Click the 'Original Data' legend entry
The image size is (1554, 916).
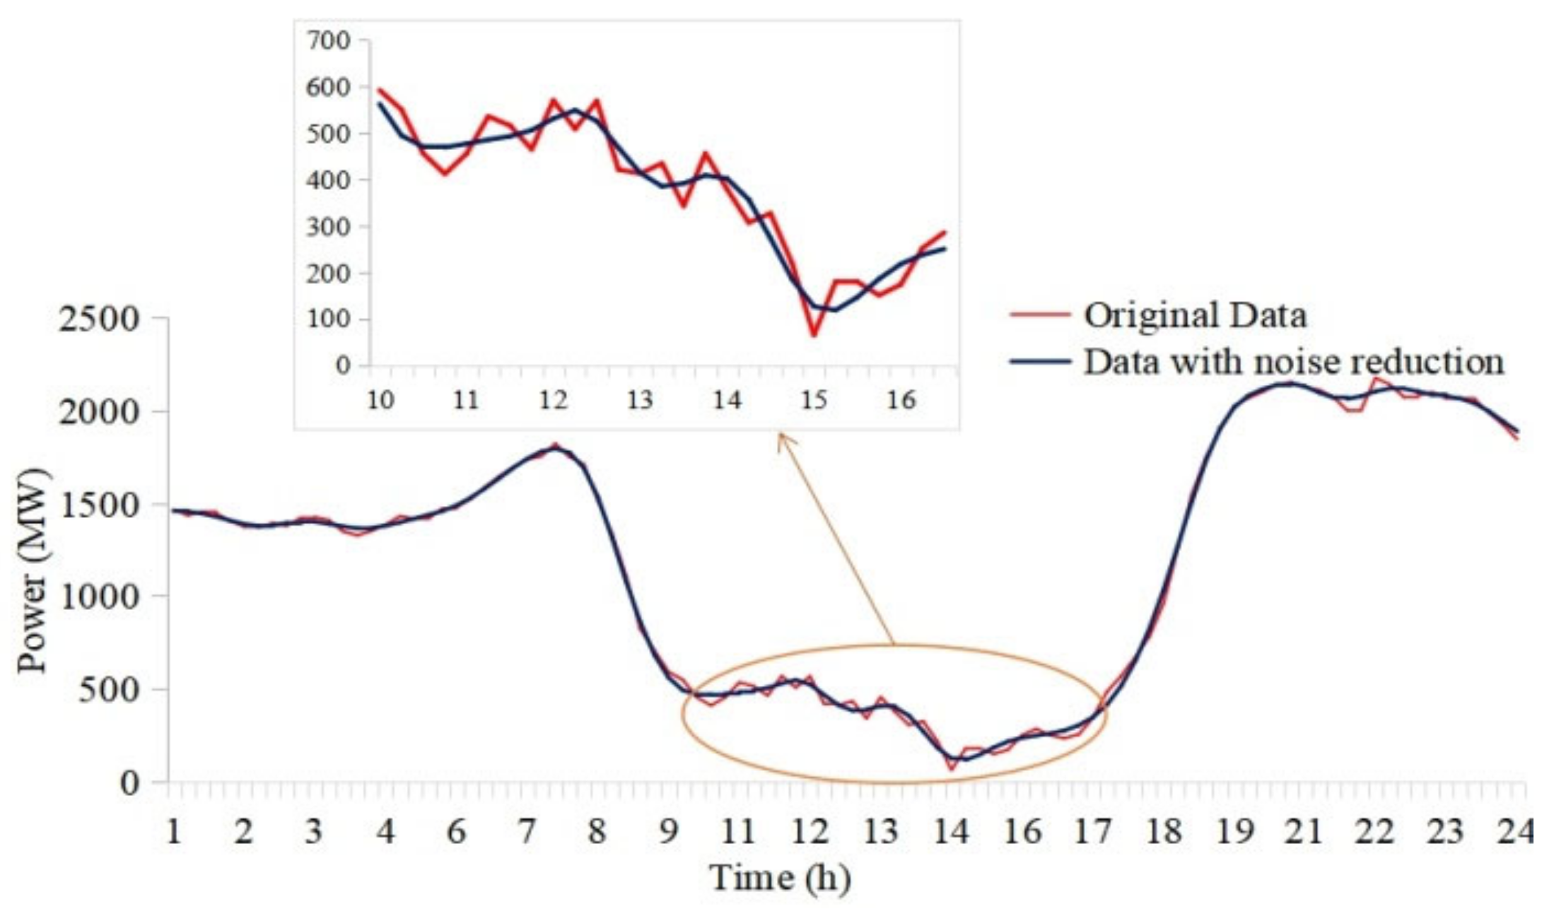[x=1195, y=315]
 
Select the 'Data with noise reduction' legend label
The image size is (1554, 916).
[x=1293, y=361]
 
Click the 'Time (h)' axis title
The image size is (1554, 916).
[x=780, y=878]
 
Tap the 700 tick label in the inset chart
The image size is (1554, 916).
[x=327, y=41]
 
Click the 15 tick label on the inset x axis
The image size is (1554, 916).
[x=814, y=400]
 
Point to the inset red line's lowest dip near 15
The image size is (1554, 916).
[x=814, y=335]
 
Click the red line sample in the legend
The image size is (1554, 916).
[x=1040, y=314]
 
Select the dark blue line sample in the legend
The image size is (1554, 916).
[x=1040, y=361]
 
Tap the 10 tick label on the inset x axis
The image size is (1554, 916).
[x=380, y=400]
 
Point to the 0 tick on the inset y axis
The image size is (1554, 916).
[x=342, y=365]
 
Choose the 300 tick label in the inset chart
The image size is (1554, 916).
[x=327, y=227]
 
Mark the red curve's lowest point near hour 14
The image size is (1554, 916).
[x=952, y=768]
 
